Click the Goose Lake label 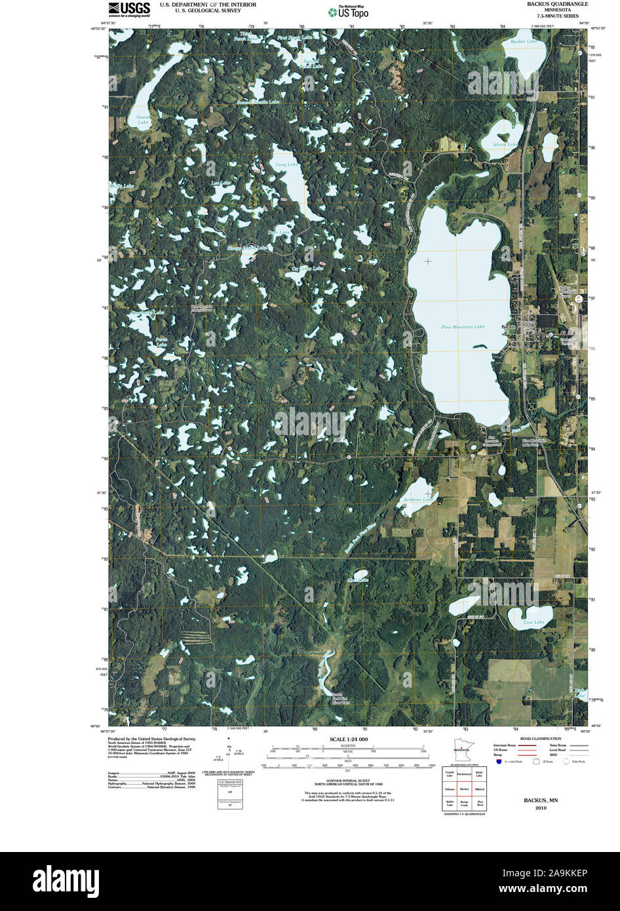tap(143, 120)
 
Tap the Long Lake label tap(286, 165)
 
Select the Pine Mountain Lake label tap(463, 326)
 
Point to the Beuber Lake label tap(523, 42)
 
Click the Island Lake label tap(505, 144)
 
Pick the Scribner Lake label tap(417, 500)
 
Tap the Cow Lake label tap(534, 622)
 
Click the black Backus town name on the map tap(509, 326)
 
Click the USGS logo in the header tap(129, 8)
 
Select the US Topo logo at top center tap(348, 11)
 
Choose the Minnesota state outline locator tap(463, 750)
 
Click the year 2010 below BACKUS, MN tap(540, 808)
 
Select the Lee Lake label tap(221, 183)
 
